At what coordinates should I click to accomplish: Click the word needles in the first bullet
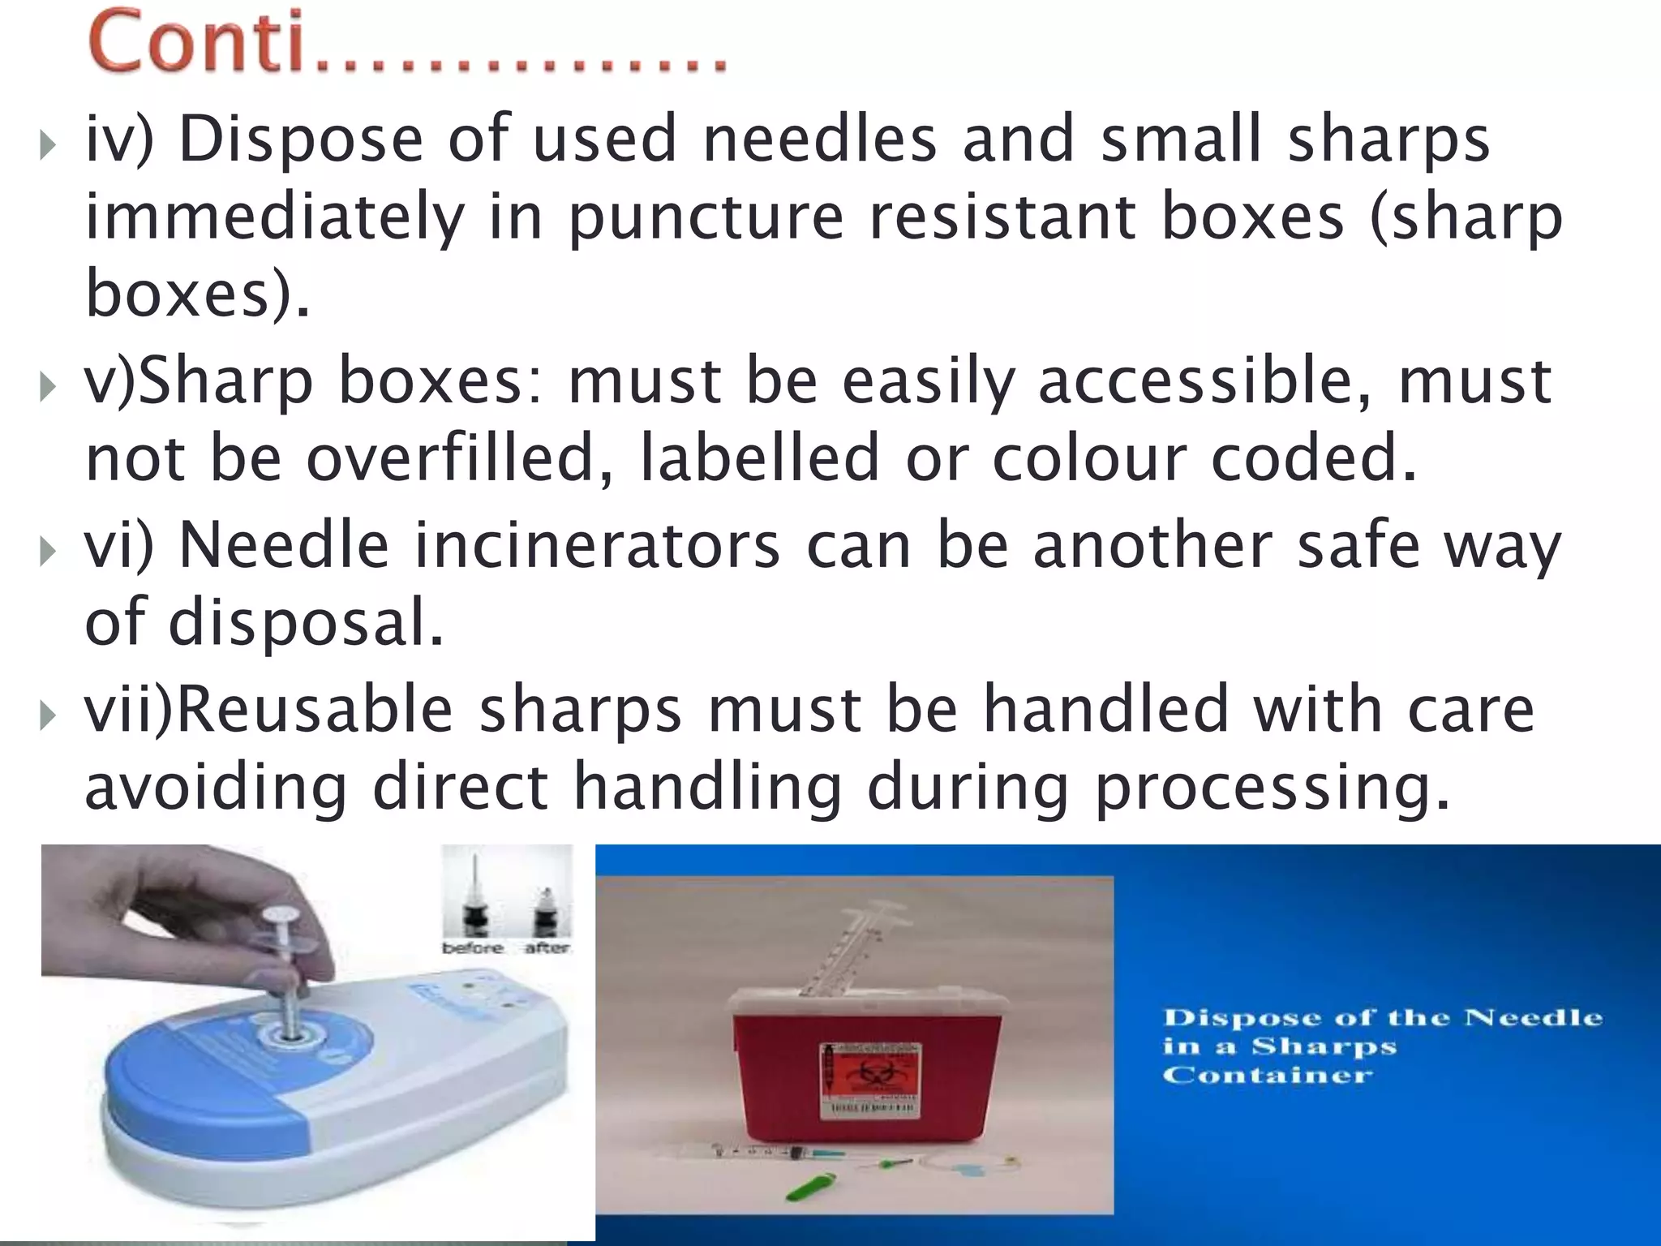point(819,140)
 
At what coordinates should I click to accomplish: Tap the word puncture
point(706,219)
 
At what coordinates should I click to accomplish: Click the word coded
point(1314,458)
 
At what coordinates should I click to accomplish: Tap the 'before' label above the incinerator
point(472,947)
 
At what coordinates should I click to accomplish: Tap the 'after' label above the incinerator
point(547,947)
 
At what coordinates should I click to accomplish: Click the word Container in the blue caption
point(1268,1076)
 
